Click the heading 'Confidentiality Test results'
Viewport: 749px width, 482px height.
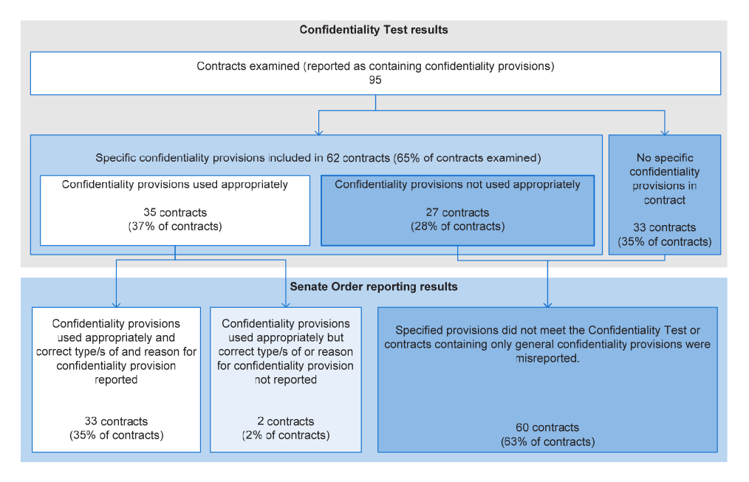(x=374, y=30)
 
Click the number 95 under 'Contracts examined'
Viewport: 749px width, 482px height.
(x=375, y=80)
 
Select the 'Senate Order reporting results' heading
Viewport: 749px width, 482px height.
(x=374, y=286)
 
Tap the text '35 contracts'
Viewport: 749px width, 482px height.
(x=175, y=213)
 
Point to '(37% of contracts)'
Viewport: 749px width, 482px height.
(x=175, y=226)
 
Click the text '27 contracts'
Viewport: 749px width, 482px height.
(x=458, y=213)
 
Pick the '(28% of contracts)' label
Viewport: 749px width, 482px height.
(x=458, y=226)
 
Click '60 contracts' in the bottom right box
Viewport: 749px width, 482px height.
(x=547, y=427)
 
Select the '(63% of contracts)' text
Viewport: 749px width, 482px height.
(x=547, y=441)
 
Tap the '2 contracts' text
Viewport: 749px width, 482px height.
(x=286, y=421)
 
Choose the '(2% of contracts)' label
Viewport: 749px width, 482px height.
(x=286, y=435)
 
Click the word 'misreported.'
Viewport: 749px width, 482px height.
(x=547, y=358)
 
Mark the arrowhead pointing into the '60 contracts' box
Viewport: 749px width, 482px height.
(x=547, y=304)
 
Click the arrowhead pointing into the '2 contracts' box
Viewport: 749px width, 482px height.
(x=286, y=304)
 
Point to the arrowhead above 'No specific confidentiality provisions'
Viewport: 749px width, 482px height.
(x=665, y=132)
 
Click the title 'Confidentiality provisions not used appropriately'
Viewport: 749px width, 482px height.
(x=458, y=185)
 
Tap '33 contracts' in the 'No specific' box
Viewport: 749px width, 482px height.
(x=665, y=227)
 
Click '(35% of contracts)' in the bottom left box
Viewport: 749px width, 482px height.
(x=117, y=435)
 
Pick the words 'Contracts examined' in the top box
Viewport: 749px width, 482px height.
(x=248, y=66)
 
